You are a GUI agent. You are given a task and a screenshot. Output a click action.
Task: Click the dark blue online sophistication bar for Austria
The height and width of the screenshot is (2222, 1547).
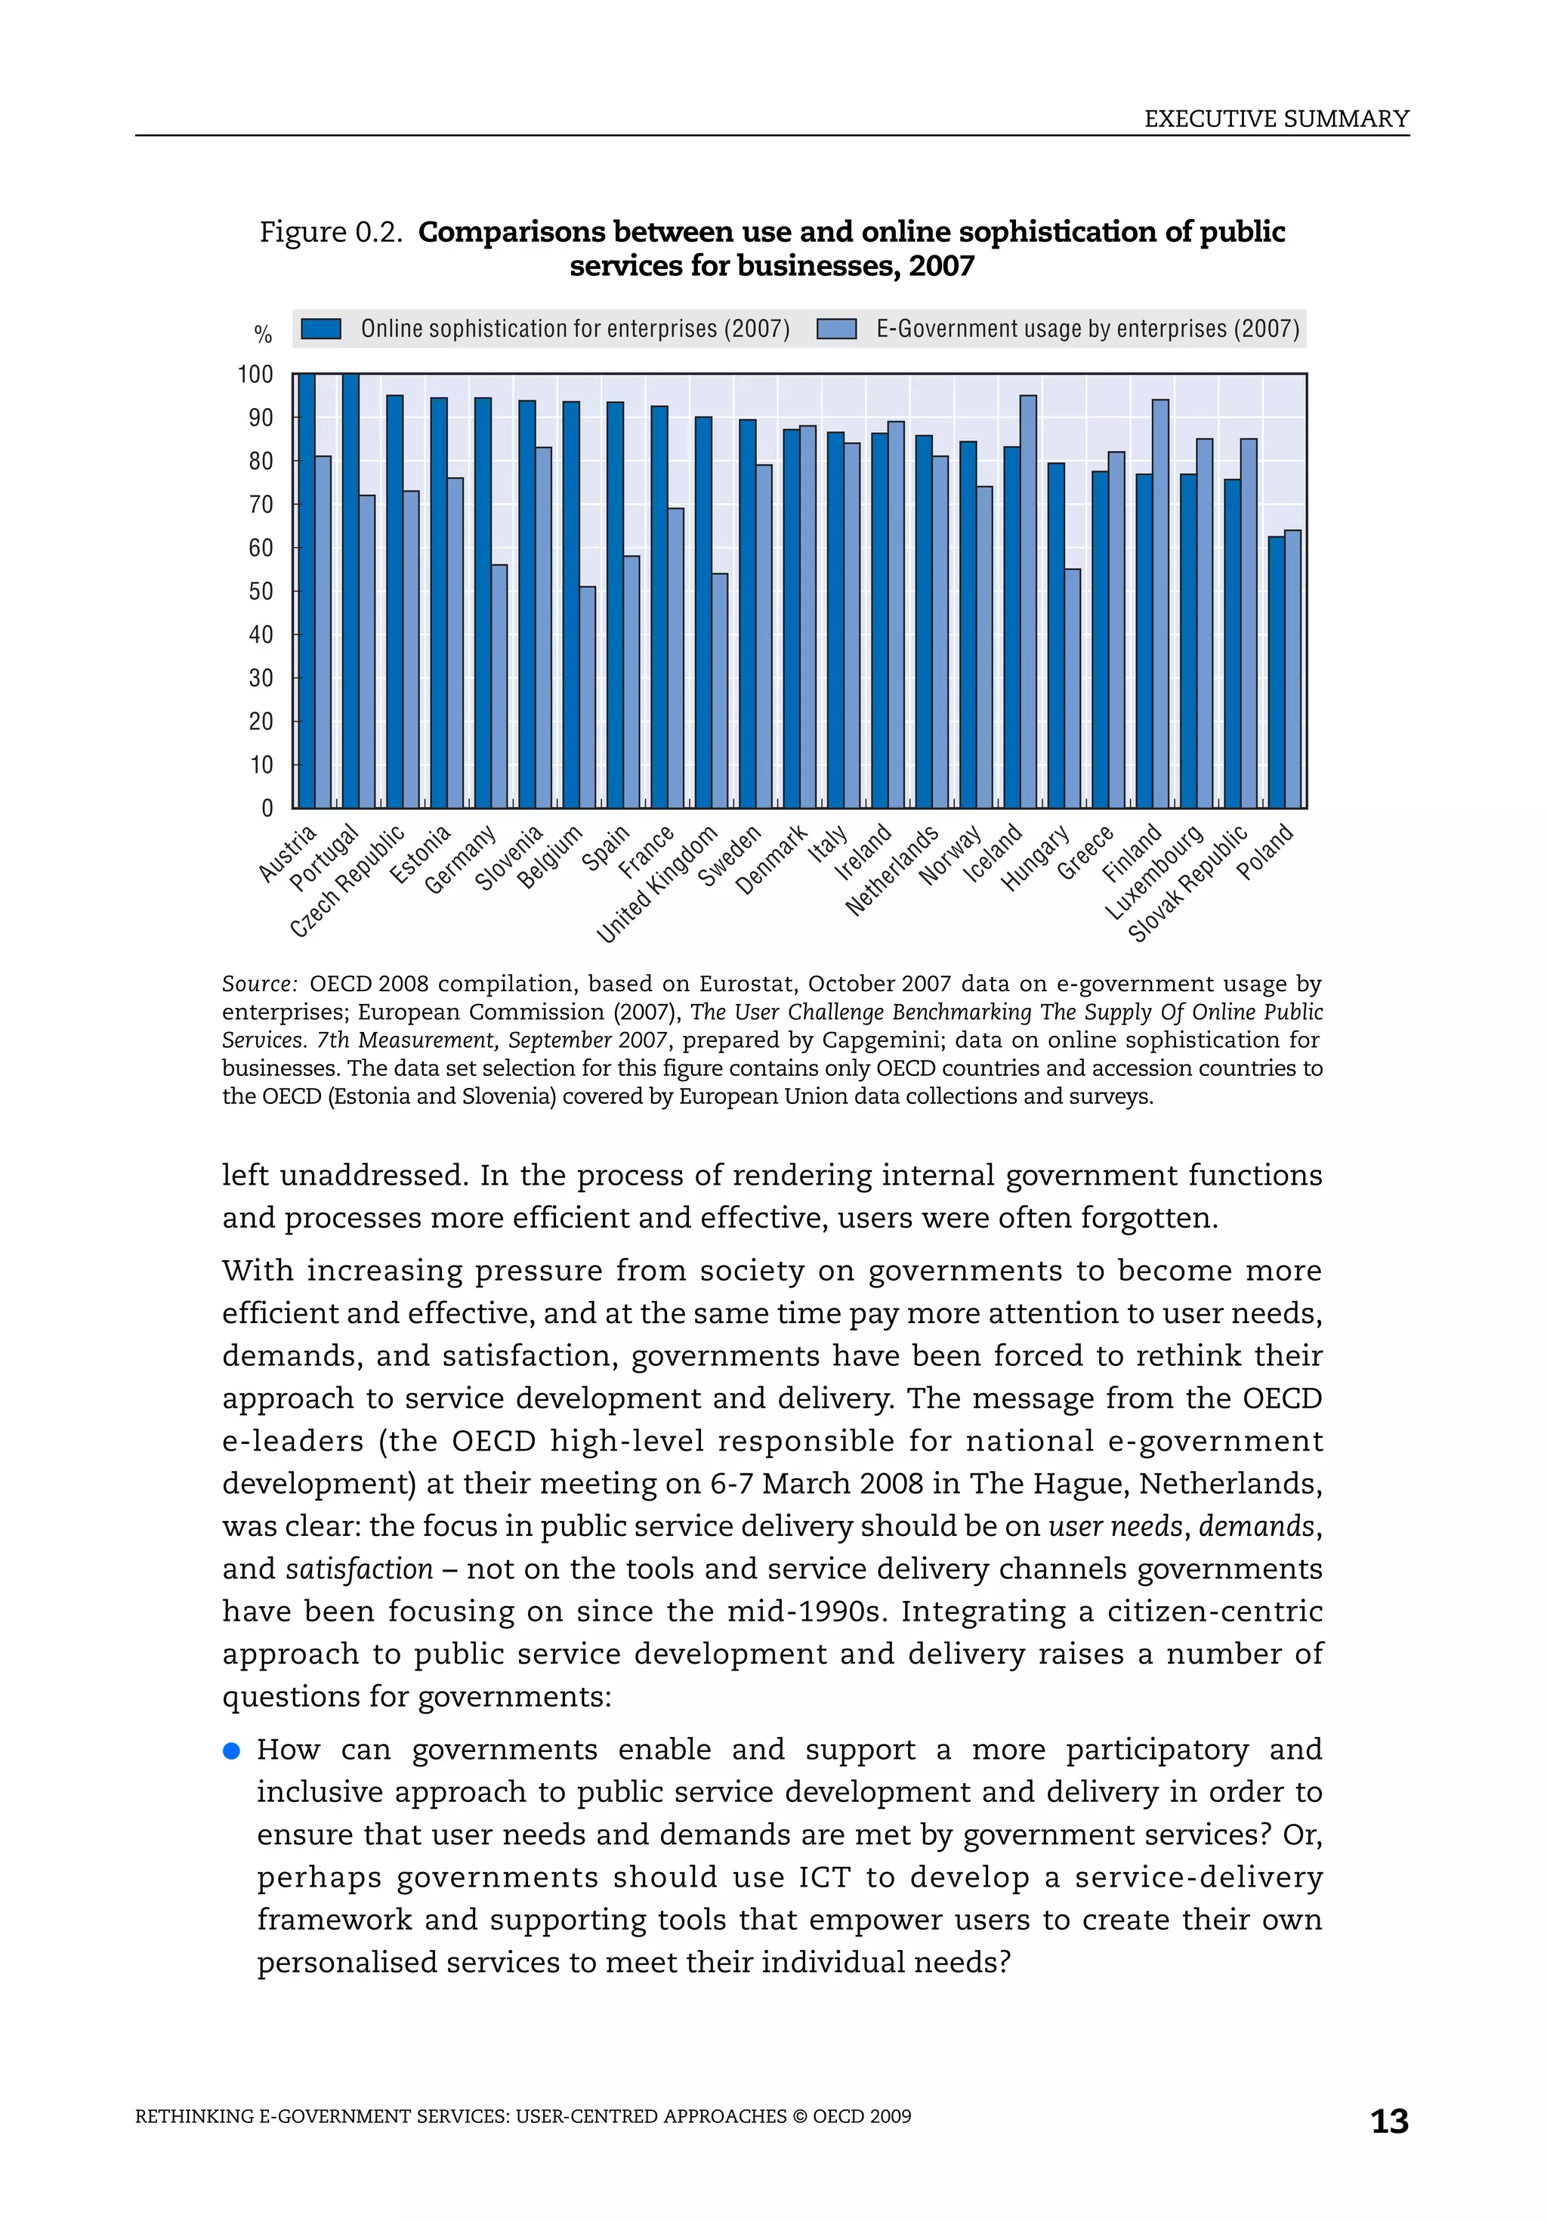coord(306,590)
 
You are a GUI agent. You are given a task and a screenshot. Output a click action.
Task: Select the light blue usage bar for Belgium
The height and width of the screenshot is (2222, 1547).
coord(587,697)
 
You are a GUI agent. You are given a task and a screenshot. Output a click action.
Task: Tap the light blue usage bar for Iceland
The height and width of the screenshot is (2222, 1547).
coord(1027,601)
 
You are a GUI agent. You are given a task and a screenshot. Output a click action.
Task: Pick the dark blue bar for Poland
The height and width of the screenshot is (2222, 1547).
coord(1276,672)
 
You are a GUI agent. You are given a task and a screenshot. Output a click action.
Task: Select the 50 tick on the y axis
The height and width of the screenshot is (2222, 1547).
coord(261,592)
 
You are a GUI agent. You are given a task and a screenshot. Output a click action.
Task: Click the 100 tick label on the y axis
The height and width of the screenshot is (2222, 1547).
coord(255,375)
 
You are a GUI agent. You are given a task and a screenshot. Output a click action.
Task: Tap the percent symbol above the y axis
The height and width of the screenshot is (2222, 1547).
coord(262,335)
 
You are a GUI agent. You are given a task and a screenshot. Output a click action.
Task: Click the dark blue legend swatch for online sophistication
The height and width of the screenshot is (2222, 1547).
coord(321,329)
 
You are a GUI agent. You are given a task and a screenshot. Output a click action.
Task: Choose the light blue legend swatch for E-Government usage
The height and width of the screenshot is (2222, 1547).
coord(836,329)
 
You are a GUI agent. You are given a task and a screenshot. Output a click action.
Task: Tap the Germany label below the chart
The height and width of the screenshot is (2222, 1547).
coord(461,859)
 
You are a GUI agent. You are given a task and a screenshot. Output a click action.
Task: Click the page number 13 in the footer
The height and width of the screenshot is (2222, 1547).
coord(1388,2122)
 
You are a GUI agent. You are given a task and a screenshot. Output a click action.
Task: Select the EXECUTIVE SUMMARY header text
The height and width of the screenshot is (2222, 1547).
coord(1275,119)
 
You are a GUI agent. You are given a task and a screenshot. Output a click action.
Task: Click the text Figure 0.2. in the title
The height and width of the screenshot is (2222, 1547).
coord(331,232)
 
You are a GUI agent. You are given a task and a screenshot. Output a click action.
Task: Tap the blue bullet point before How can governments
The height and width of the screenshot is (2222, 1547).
coord(231,1750)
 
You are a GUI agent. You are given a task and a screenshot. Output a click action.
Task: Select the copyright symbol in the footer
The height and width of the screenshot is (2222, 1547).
coord(798,2116)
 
